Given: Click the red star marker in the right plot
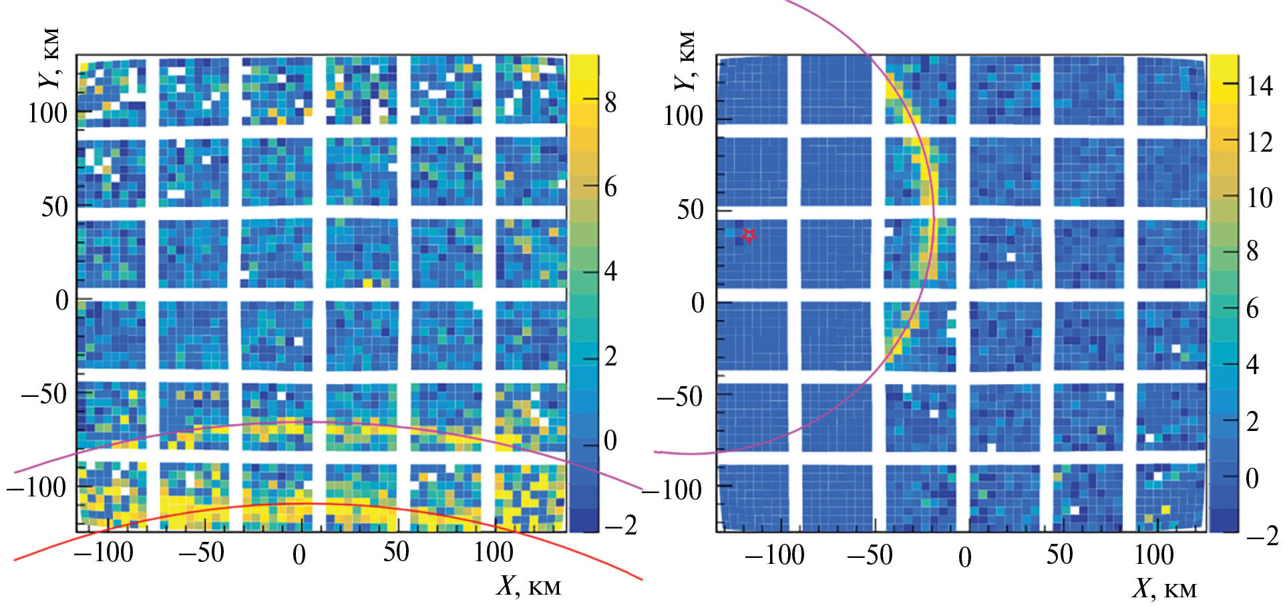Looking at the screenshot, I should click(x=749, y=235).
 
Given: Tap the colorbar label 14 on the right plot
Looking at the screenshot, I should click(x=1259, y=86).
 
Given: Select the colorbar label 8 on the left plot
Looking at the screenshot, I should click(x=610, y=103).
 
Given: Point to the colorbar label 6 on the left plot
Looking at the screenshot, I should click(x=610, y=187).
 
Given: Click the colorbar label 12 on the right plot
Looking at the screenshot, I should click(x=1259, y=142).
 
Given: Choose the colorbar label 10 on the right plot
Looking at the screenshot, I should click(x=1259, y=198).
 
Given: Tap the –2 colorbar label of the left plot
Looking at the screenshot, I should click(x=620, y=526).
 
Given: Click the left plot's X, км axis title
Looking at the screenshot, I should click(x=528, y=586).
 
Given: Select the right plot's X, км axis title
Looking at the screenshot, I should click(x=1163, y=589).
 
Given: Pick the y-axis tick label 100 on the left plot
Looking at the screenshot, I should click(x=47, y=114).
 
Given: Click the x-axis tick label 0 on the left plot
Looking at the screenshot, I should click(x=299, y=555).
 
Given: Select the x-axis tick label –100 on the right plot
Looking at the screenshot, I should click(x=774, y=555).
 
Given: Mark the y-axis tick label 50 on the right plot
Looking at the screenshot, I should click(x=690, y=210).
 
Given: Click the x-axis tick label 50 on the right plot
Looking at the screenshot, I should click(x=1059, y=555).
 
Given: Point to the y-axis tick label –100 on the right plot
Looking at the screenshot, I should click(x=671, y=490).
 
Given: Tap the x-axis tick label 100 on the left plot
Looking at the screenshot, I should click(x=494, y=553).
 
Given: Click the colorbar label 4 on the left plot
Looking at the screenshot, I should click(x=610, y=272).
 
